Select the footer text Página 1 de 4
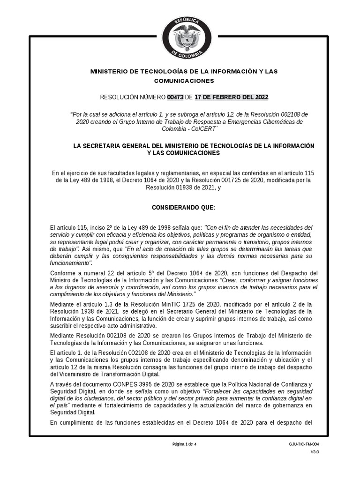pyautogui.click(x=185, y=444)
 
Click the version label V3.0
pyautogui.click(x=314, y=452)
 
